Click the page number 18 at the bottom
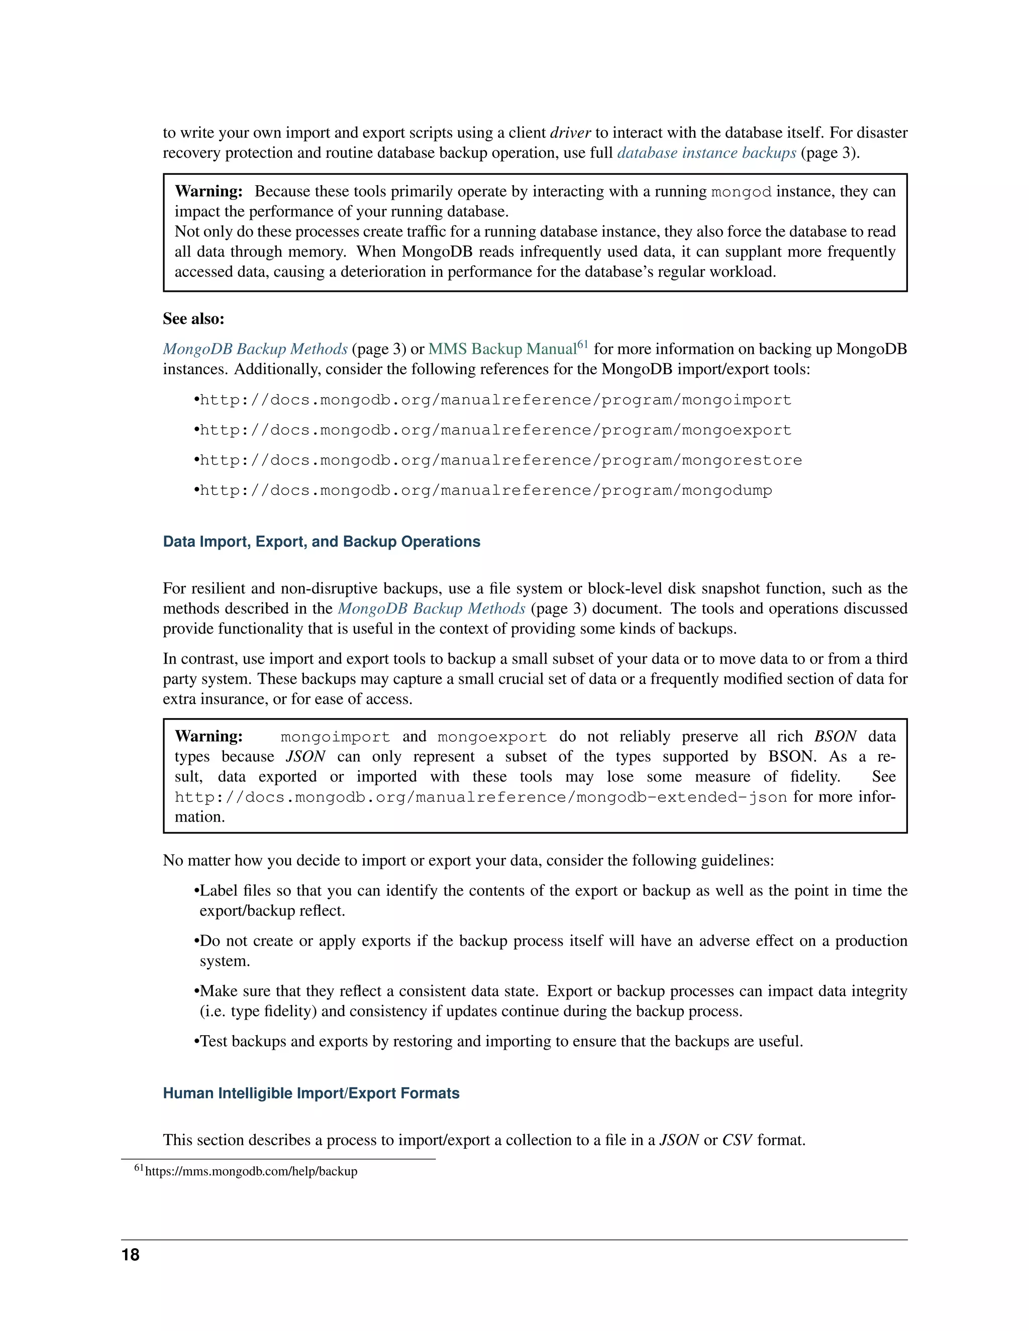pos(131,1254)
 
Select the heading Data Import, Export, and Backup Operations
pos(321,542)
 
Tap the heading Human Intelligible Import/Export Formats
pos(311,1093)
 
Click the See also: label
pos(193,319)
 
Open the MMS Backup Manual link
pos(502,349)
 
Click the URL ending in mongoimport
pos(495,400)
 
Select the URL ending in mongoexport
pos(495,430)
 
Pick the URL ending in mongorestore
pos(500,460)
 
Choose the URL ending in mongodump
pos(485,491)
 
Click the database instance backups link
pos(706,153)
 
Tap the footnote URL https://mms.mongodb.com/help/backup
pos(251,1171)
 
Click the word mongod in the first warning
pos(741,192)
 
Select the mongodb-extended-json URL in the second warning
pos(480,797)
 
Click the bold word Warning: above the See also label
pos(209,191)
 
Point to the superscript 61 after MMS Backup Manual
pos(582,345)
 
